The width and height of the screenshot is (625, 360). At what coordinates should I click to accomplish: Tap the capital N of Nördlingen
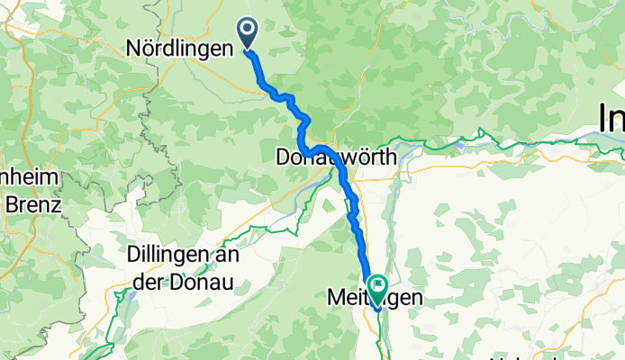133,48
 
